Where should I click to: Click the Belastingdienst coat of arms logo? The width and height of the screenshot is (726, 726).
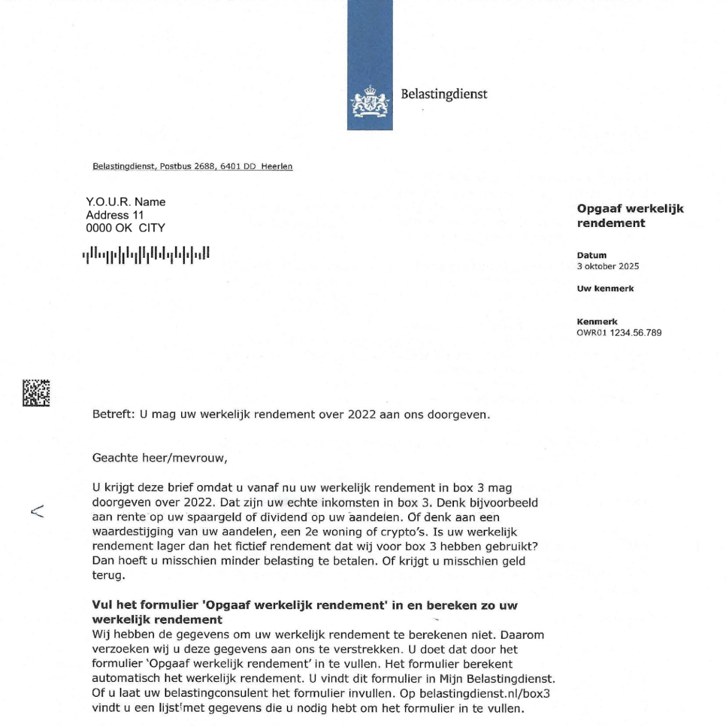369,102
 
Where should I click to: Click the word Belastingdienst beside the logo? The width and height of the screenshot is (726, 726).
444,94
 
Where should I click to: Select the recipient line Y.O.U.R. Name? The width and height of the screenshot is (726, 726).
125,202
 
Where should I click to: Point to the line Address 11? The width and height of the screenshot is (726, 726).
115,215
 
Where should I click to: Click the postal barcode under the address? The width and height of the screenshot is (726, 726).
146,255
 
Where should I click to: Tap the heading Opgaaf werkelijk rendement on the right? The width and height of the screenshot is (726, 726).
630,216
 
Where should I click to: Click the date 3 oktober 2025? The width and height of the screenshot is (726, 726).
607,266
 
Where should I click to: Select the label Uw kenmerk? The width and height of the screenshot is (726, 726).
605,289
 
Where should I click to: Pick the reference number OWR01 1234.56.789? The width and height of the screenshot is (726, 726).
619,333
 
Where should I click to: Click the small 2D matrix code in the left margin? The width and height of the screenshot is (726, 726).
36,393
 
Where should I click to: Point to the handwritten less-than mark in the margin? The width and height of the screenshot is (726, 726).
37,511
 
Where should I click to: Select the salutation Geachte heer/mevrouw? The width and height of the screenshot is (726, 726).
159,458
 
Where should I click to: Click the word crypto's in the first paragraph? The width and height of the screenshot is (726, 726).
402,532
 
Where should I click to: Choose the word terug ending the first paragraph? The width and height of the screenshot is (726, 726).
107,576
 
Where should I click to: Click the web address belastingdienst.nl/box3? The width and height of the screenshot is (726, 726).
484,694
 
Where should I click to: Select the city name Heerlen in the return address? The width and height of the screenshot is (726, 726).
276,166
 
